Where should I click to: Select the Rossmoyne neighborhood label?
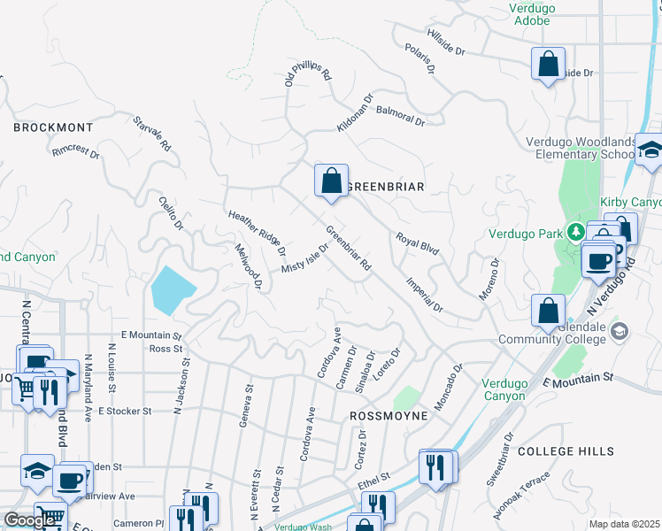point(389,415)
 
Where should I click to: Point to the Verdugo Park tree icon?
point(576,233)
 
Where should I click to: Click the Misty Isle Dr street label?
point(304,258)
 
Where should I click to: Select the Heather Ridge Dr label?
point(257,234)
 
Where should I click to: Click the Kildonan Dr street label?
point(356,113)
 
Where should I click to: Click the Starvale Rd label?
point(151,133)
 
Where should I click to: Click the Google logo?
point(30,520)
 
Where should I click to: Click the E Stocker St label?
point(125,412)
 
